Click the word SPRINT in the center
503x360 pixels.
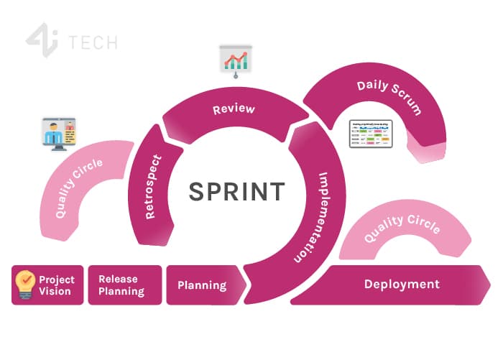pyautogui.click(x=236, y=191)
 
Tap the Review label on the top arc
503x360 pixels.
pyautogui.click(x=234, y=110)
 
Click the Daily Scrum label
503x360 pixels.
pyautogui.click(x=389, y=98)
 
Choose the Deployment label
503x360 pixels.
pyautogui.click(x=402, y=284)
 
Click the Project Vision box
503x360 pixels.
pyautogui.click(x=48, y=285)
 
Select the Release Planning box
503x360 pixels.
pyautogui.click(x=121, y=285)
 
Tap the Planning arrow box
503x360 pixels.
pyautogui.click(x=202, y=285)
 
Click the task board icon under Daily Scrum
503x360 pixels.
pyautogui.click(x=370, y=134)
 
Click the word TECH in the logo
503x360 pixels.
pyautogui.click(x=93, y=42)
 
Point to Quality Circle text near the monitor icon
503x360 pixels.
pyautogui.click(x=79, y=188)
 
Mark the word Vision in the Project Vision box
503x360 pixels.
pyautogui.click(x=55, y=291)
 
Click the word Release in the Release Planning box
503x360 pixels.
pyautogui.click(x=118, y=279)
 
